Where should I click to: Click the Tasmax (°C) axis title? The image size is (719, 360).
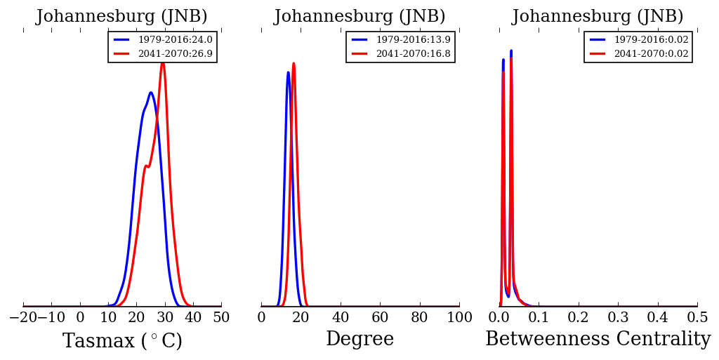click(x=122, y=341)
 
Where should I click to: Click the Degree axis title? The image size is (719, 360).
click(x=359, y=340)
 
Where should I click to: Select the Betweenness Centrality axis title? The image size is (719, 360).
click(x=598, y=340)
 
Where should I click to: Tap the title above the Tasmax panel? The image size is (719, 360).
click(x=122, y=17)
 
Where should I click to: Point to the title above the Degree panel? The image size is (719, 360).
click(x=359, y=17)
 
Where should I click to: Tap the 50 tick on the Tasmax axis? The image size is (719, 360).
click(x=221, y=318)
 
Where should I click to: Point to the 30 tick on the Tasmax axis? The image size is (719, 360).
click(x=164, y=318)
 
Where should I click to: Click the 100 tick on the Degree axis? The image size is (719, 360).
click(x=459, y=318)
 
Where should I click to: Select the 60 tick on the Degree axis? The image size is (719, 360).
click(x=380, y=318)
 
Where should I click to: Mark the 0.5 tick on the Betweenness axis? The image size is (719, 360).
click(x=697, y=318)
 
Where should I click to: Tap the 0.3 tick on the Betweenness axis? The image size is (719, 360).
click(x=618, y=318)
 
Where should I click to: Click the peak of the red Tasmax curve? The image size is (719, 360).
click(x=162, y=62)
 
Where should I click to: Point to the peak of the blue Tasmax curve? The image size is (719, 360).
click(x=150, y=93)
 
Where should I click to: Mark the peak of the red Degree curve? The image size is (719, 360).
click(x=293, y=63)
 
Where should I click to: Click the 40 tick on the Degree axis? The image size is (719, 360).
click(x=341, y=318)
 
